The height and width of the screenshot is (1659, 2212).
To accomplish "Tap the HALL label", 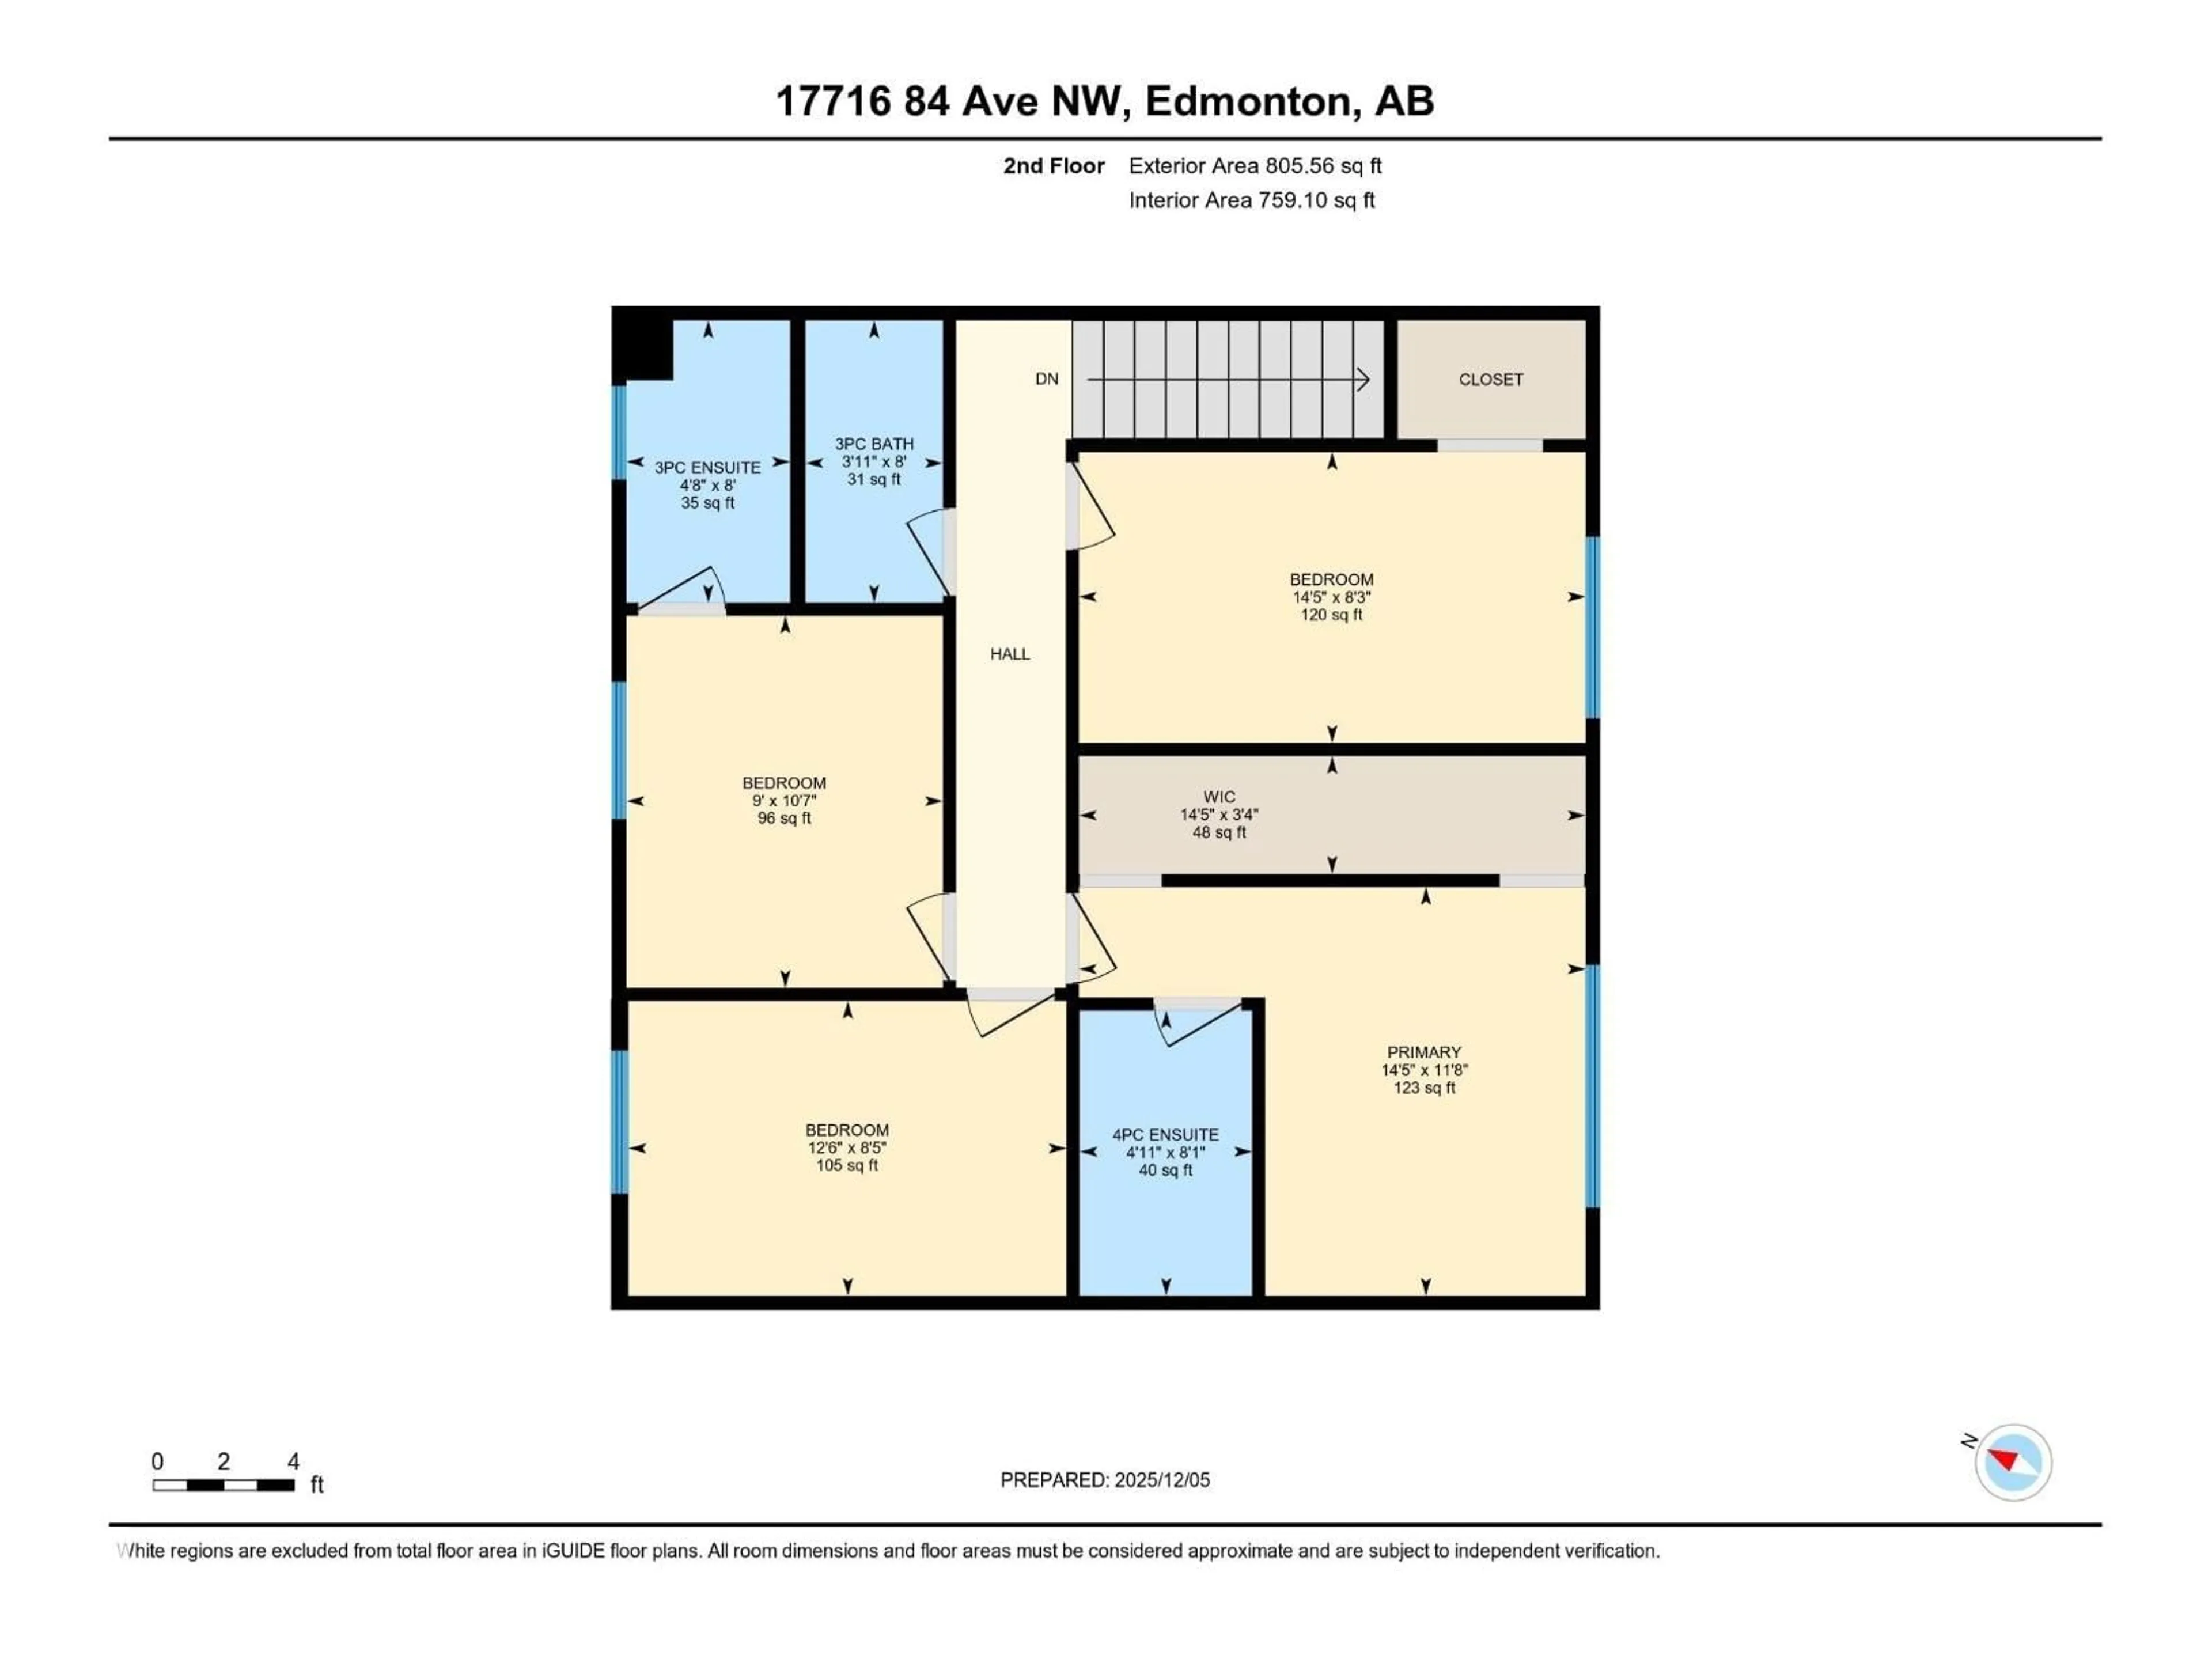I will (1010, 654).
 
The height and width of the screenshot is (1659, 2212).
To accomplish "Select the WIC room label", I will (1219, 797).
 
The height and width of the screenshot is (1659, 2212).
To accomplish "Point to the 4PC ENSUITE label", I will (1165, 1135).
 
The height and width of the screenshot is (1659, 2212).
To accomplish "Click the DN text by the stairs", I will (1046, 379).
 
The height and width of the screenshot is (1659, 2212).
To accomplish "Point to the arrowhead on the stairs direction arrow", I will (1362, 379).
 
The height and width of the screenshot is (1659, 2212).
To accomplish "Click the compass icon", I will (2013, 1462).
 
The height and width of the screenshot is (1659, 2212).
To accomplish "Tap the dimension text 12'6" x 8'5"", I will (847, 1148).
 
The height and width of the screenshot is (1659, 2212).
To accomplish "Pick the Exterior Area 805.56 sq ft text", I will (1255, 166).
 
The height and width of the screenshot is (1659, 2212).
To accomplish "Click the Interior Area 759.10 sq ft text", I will (1251, 200).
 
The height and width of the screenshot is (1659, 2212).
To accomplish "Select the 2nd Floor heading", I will (1054, 166).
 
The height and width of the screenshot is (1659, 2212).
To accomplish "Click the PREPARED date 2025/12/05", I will (1105, 1480).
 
